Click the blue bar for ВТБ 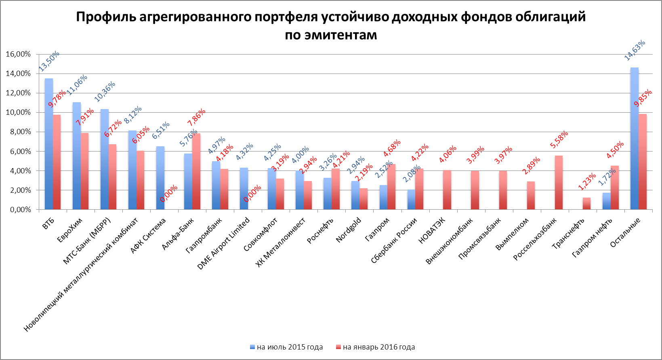point(48,144)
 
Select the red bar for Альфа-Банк point(196,171)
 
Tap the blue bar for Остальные point(634,138)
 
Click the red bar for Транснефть point(586,203)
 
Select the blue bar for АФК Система point(160,178)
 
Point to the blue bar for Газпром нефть point(606,201)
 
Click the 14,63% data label point(635,51)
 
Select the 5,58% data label point(559,139)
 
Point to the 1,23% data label point(587,181)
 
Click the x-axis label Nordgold point(349,229)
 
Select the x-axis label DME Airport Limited point(223,244)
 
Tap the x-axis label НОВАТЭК point(432,230)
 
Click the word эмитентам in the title point(340,35)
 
